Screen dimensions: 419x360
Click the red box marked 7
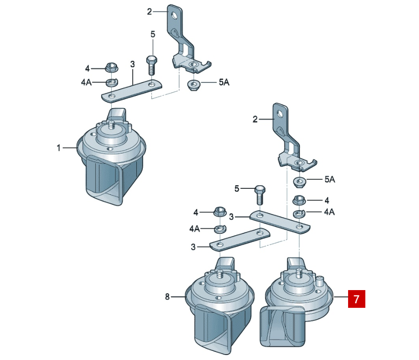(356, 299)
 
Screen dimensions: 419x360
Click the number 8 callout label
(167, 296)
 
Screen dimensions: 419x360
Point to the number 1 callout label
(59, 148)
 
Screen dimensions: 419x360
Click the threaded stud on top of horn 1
(111, 125)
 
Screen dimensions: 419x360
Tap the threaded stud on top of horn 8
(219, 274)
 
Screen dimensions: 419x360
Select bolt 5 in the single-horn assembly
(152, 65)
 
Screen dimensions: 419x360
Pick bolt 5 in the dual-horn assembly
(260, 195)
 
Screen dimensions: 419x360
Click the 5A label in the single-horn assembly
(224, 82)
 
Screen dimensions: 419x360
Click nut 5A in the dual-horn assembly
(299, 182)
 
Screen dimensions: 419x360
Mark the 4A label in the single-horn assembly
(86, 82)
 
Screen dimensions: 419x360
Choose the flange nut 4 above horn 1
(112, 67)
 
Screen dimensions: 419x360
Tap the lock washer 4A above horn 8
(220, 229)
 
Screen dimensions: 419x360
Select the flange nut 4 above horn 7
(299, 200)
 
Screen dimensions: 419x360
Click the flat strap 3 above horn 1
(131, 91)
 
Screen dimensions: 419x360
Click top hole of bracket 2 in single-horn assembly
(175, 15)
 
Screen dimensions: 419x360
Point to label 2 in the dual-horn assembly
(255, 119)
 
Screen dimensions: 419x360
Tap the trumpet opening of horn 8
(213, 330)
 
